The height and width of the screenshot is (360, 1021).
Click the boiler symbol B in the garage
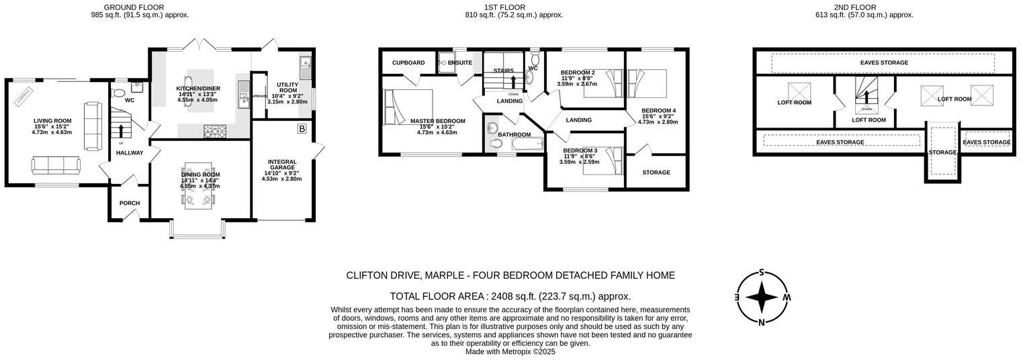point(302,128)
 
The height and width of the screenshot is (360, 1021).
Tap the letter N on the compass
point(762,322)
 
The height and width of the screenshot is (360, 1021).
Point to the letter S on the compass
point(762,272)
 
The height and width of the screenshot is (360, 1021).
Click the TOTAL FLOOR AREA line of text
point(510,296)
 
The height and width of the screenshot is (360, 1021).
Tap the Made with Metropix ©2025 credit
point(510,351)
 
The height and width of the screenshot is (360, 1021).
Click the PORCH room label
point(130,204)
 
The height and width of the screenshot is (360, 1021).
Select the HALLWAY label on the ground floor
point(130,153)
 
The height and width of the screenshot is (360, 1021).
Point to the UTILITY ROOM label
point(287,88)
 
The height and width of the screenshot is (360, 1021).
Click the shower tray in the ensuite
point(446,62)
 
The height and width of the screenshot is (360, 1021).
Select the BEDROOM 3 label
point(580,150)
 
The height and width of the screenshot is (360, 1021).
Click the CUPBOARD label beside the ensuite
point(408,63)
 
